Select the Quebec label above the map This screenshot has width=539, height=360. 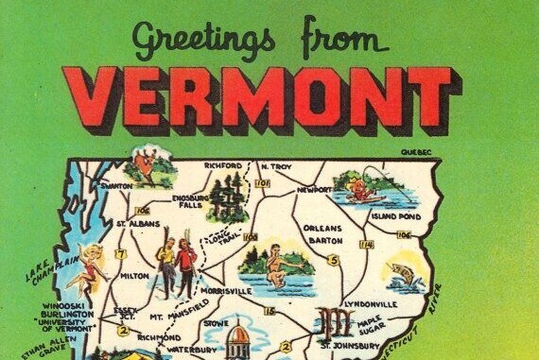click(415, 151)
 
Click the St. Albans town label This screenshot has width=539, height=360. click(134, 224)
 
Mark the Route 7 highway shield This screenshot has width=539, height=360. click(120, 254)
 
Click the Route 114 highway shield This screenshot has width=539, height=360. click(366, 245)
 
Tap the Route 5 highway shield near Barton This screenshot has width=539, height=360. click(333, 260)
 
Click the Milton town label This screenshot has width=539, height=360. click(134, 276)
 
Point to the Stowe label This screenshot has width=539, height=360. click(217, 322)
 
